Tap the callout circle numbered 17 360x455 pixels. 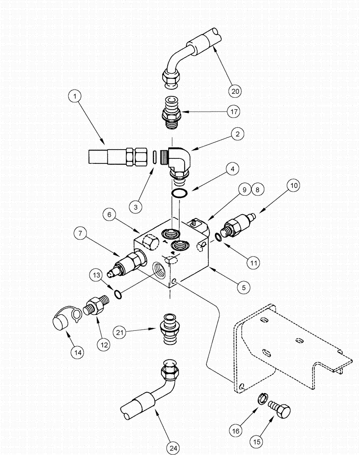[x=234, y=111]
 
